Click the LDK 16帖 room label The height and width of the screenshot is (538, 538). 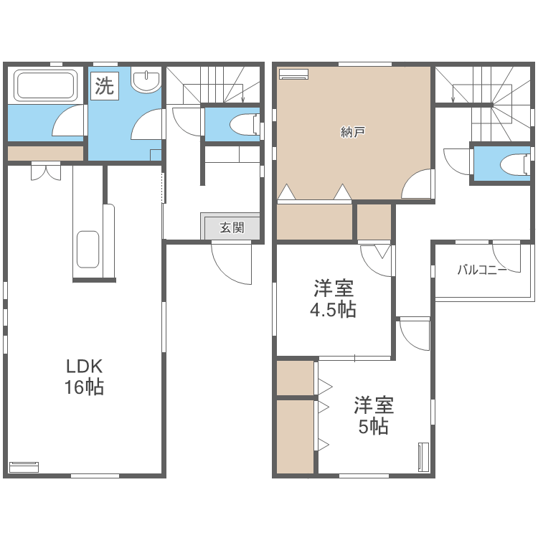85,377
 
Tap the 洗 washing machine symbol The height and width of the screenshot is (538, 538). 104,87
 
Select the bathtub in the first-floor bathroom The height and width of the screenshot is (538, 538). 46,85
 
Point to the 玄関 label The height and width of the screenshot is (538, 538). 231,227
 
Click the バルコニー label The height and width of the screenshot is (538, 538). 482,270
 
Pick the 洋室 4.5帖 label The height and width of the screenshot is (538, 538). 333,299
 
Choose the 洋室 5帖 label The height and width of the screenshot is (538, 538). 373,415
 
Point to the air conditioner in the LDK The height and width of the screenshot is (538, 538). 24,466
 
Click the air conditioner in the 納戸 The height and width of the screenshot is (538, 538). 293,73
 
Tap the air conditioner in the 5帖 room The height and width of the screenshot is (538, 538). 423,456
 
